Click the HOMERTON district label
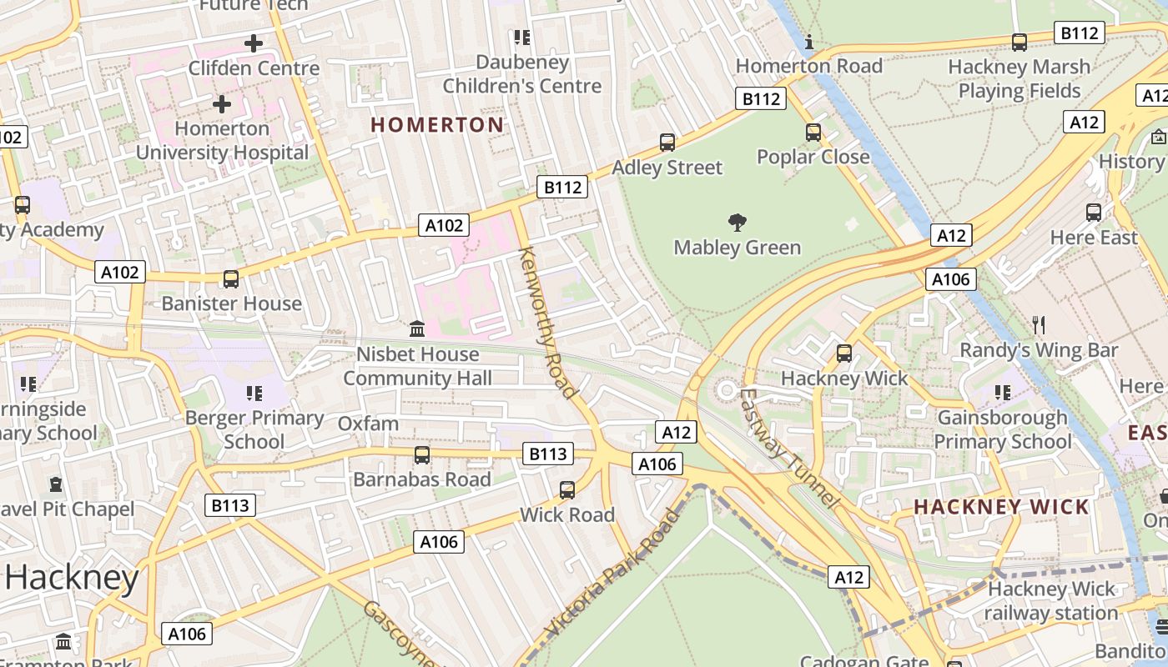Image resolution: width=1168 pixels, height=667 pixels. (x=437, y=125)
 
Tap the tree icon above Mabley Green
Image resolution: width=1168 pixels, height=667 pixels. (x=737, y=223)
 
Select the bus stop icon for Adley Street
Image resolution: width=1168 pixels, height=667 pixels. (x=667, y=143)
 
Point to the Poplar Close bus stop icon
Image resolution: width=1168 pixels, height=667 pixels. (x=813, y=133)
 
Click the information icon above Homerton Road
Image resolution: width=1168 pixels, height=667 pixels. (x=808, y=43)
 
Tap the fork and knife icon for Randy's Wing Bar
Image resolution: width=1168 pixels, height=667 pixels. (x=1039, y=325)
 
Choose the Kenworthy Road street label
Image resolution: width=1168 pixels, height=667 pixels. (x=547, y=322)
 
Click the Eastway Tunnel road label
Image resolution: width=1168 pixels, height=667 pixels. (x=787, y=448)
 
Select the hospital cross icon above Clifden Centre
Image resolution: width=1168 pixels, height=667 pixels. (x=254, y=43)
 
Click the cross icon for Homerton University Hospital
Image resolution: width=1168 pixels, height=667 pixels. (x=222, y=104)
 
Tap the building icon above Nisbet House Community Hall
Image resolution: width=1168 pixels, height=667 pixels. (x=417, y=329)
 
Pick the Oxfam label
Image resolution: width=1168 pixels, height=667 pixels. (x=368, y=424)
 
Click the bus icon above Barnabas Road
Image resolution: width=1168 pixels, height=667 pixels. (x=422, y=455)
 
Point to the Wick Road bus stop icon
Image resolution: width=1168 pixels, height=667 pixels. (x=567, y=490)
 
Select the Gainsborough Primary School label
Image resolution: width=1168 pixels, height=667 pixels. (x=1002, y=429)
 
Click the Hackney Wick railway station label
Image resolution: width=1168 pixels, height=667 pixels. (x=1050, y=601)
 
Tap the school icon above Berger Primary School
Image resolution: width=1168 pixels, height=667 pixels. (x=254, y=393)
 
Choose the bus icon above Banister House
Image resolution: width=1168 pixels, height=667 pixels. (x=231, y=279)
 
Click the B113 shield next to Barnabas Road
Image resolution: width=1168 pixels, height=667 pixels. (x=548, y=454)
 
